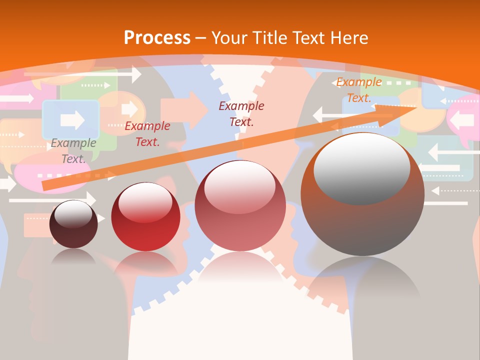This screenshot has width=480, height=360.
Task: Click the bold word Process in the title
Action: (x=157, y=38)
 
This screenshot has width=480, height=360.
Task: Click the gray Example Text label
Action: (x=73, y=151)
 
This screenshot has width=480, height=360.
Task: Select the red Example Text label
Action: (x=147, y=134)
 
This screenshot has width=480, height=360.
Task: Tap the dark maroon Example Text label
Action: (x=241, y=113)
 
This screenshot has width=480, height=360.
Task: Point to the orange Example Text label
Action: (x=358, y=90)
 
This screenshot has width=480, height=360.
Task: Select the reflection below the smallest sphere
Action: (x=73, y=257)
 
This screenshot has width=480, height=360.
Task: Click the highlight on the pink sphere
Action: (x=240, y=182)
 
